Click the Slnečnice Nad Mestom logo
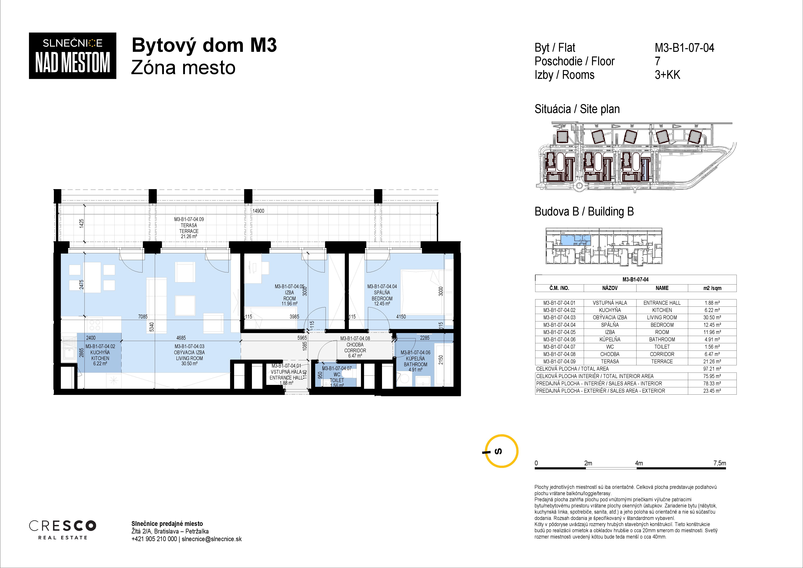(x=72, y=56)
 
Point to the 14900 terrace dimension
(x=258, y=211)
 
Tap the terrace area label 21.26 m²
(x=189, y=237)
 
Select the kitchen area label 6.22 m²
(x=100, y=364)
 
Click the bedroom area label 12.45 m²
(x=382, y=304)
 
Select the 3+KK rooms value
(x=667, y=75)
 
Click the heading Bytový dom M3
(x=204, y=45)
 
